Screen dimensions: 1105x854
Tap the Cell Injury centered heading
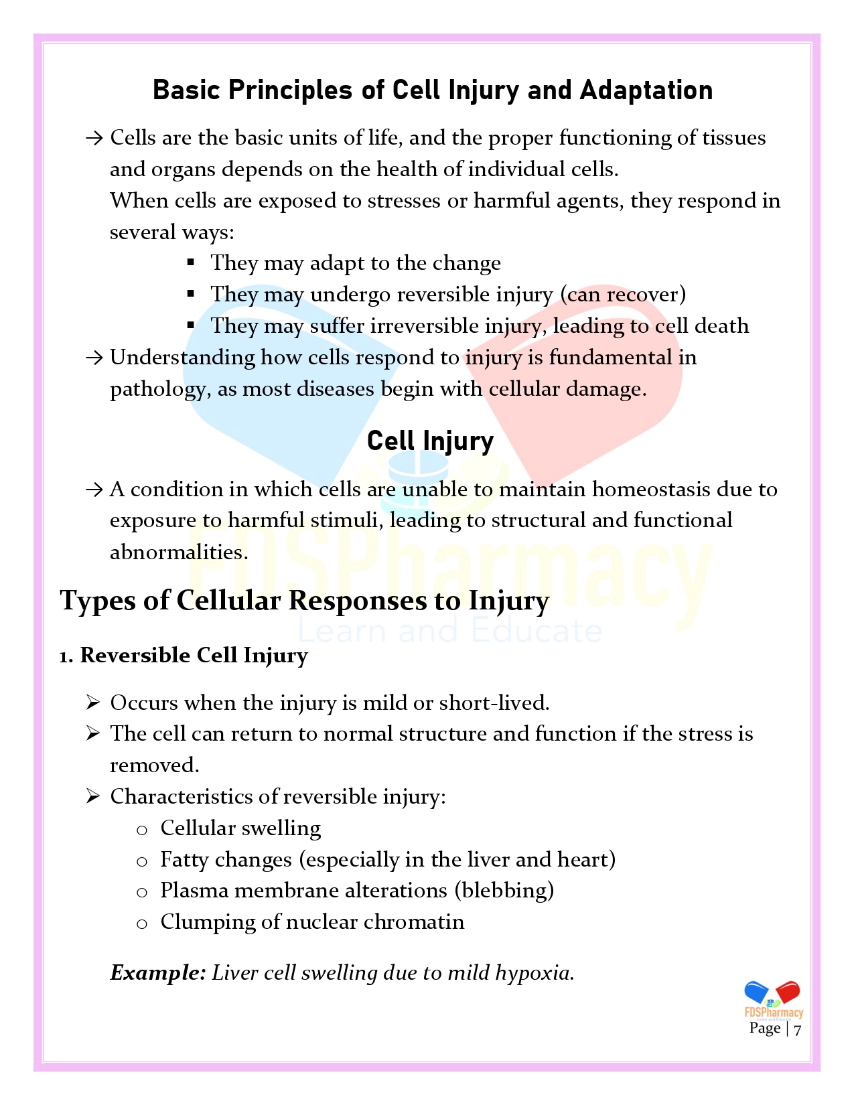point(430,441)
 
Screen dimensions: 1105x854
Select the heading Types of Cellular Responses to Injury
point(305,601)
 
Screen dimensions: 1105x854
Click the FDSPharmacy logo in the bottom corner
point(773,1000)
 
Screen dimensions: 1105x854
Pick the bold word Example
point(157,972)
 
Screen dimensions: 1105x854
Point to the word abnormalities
point(178,552)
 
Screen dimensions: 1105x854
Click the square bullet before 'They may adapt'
point(191,263)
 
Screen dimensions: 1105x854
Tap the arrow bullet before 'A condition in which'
point(94,490)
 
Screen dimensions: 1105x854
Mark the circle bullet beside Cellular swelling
point(141,830)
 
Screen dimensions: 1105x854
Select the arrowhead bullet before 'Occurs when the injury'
point(93,703)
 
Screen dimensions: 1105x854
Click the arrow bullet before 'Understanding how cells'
point(94,358)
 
